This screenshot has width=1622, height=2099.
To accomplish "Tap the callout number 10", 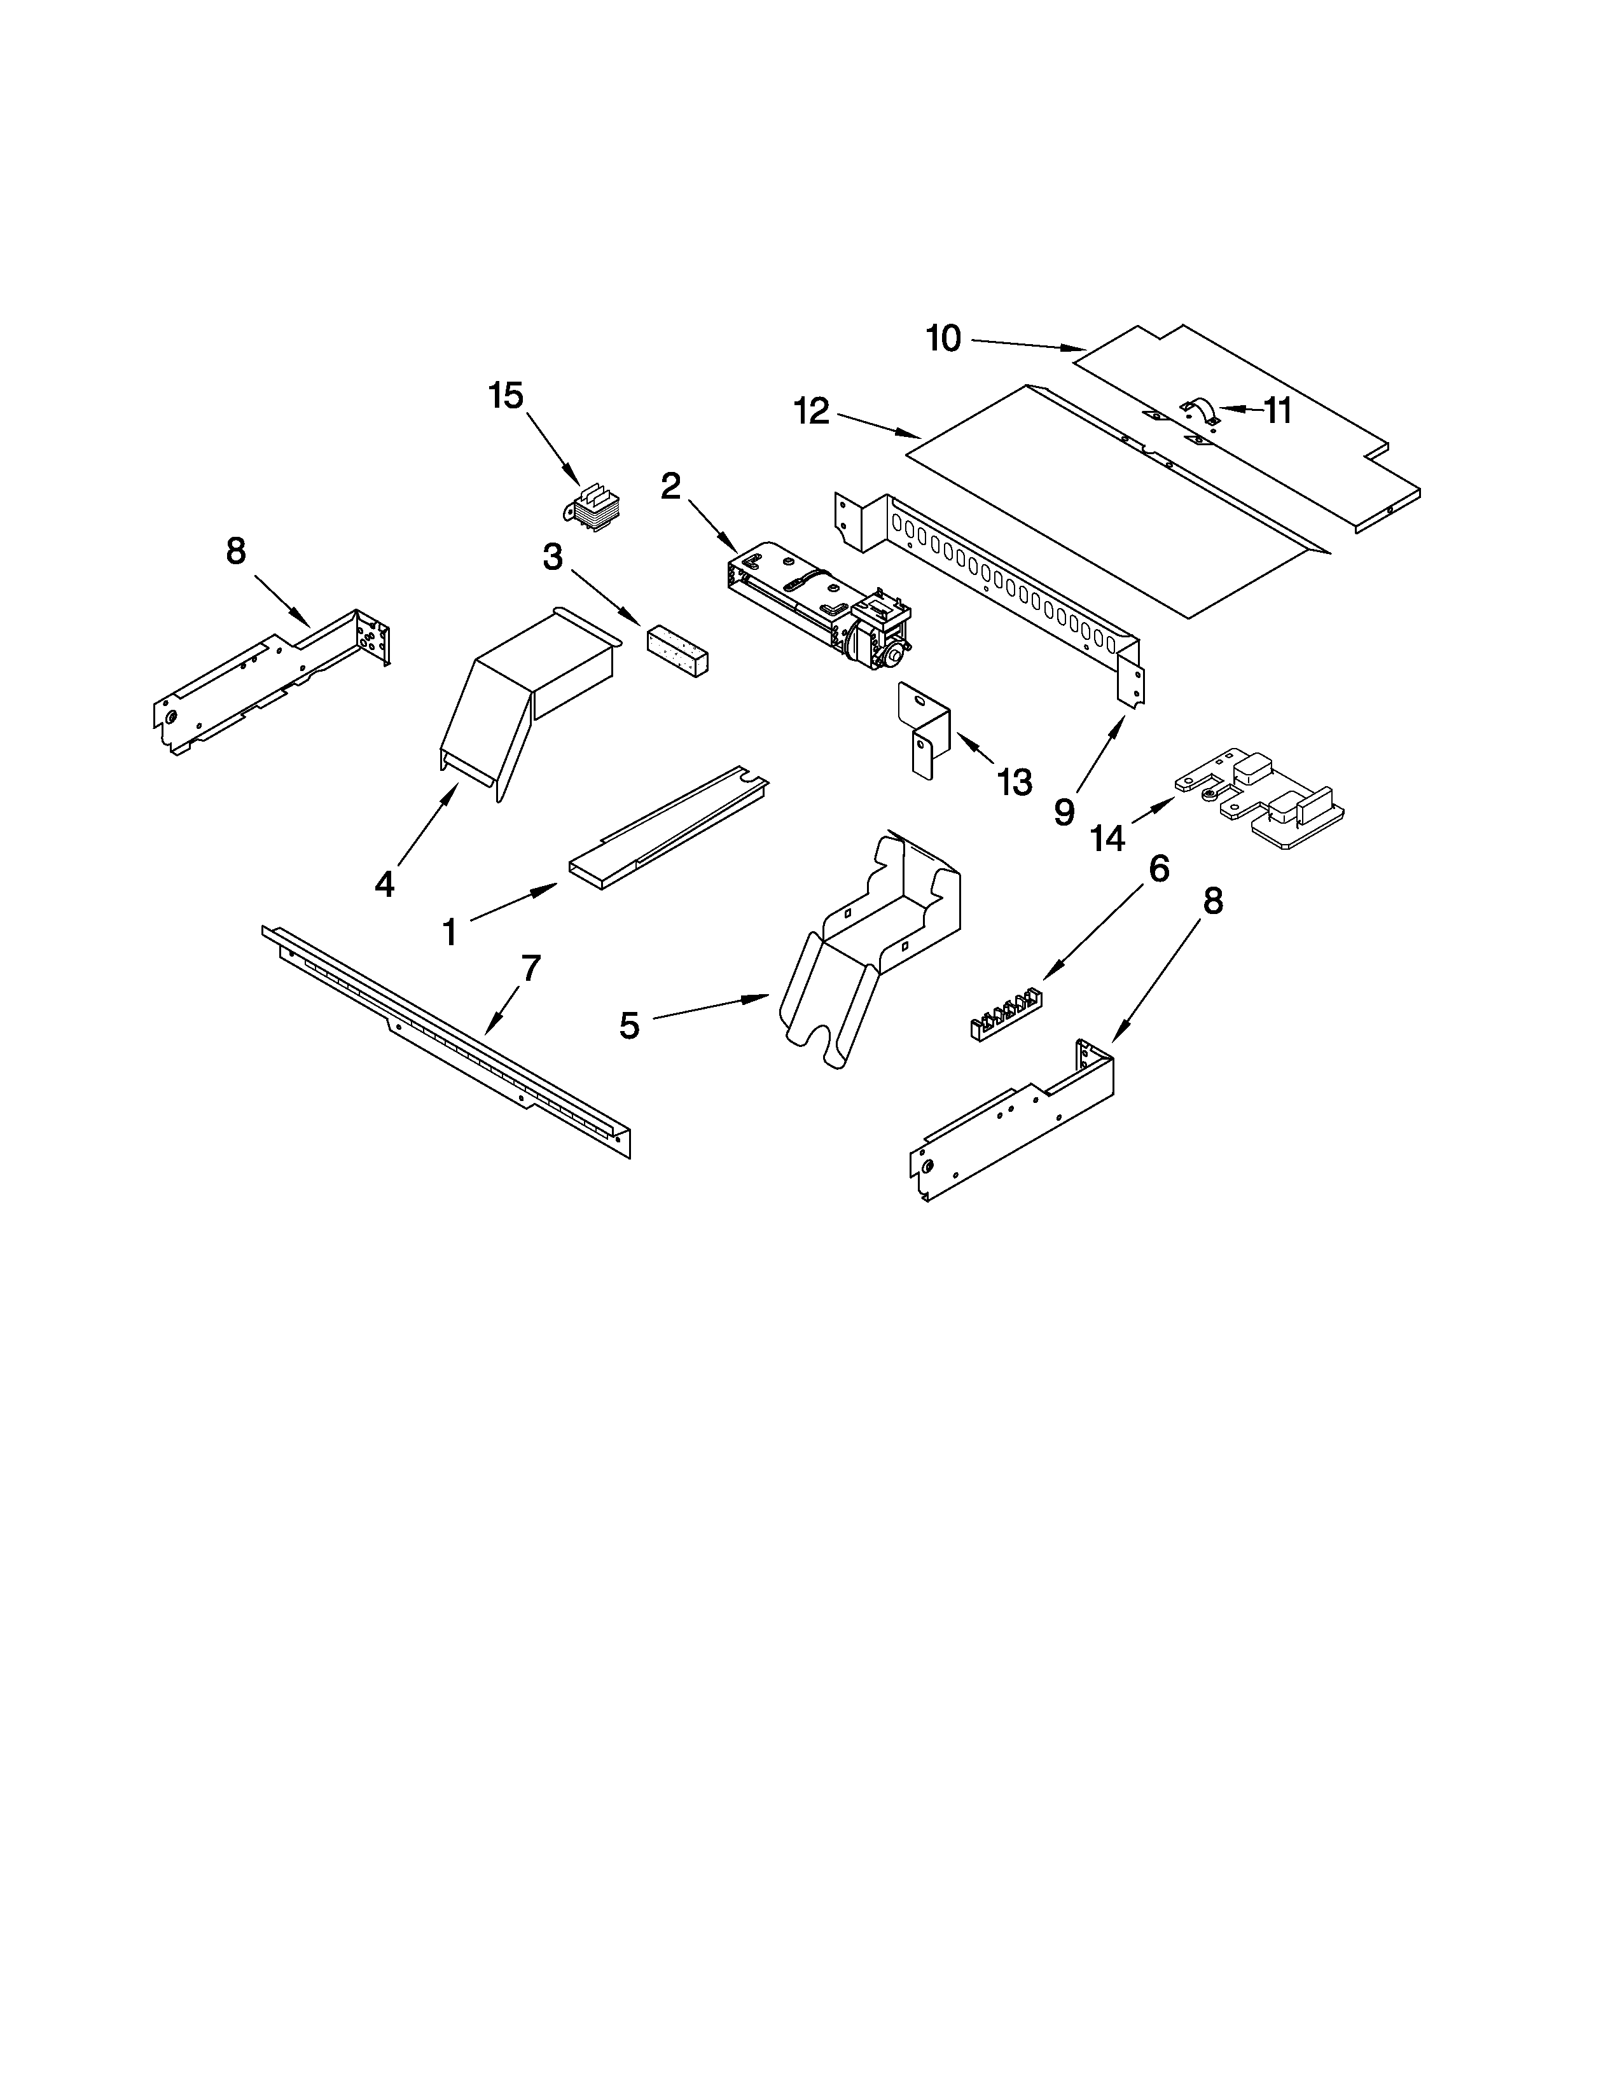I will point(943,338).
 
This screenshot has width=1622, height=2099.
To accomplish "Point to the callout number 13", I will point(1015,781).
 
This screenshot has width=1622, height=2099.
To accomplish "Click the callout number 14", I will point(1107,838).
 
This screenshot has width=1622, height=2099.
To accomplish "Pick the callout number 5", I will point(628,1025).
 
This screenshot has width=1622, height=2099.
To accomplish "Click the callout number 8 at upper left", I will point(235,551).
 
